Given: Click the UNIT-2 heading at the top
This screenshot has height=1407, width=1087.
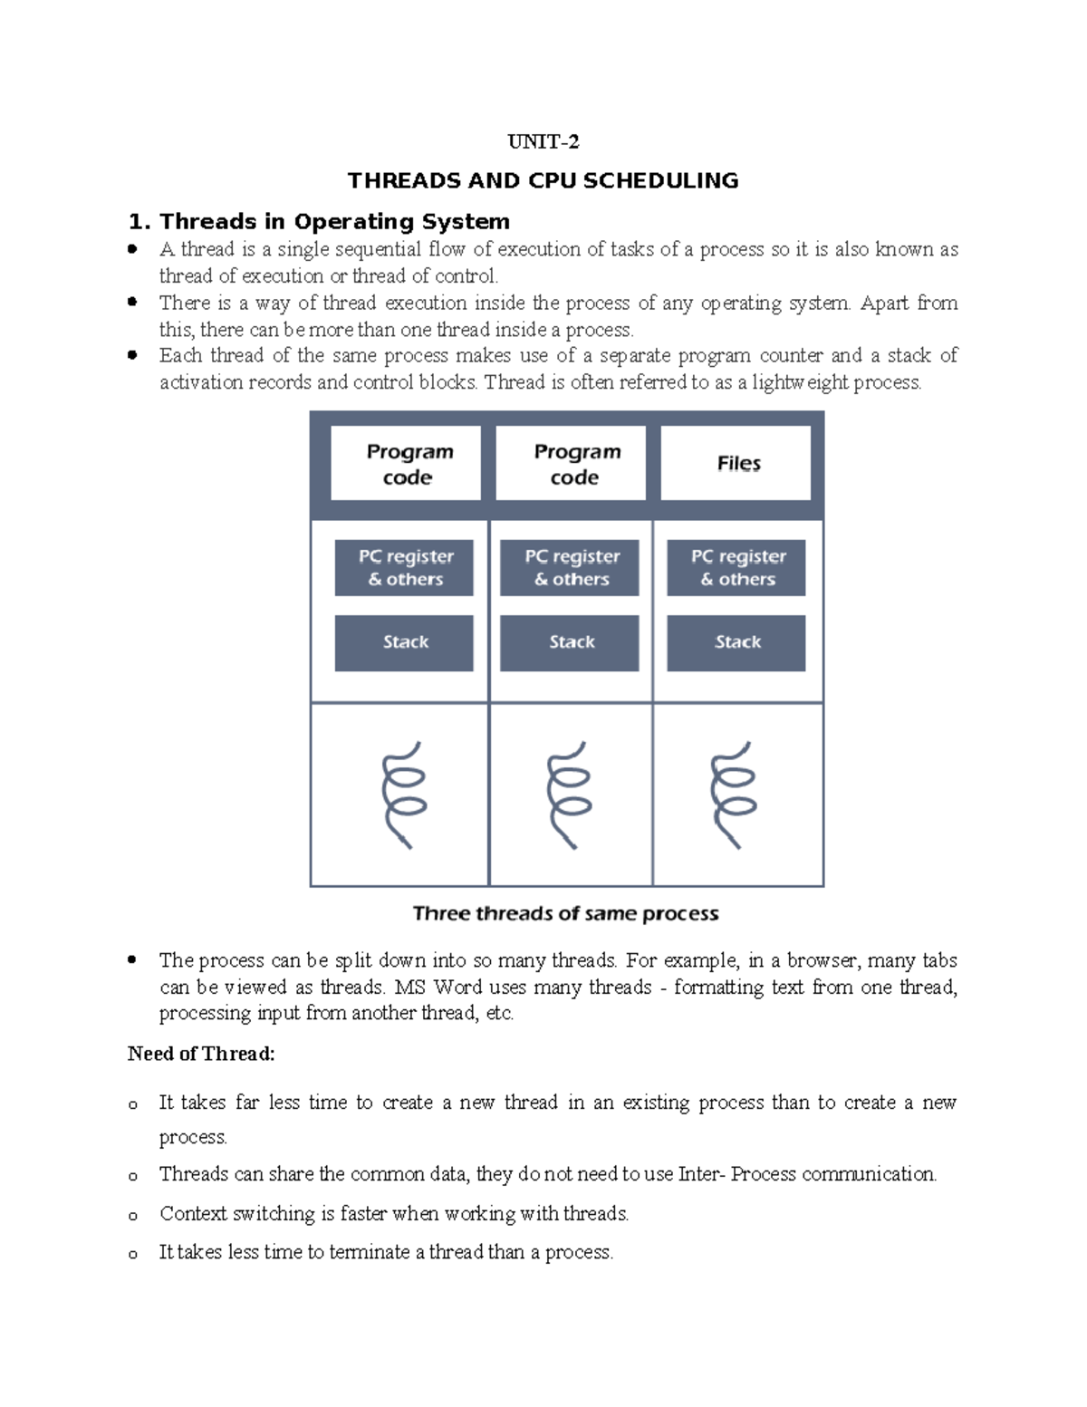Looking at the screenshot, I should click(x=543, y=142).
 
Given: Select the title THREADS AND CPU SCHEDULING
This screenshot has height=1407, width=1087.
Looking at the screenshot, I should click(x=543, y=180).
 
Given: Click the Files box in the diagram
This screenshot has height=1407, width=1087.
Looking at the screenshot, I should click(x=736, y=463).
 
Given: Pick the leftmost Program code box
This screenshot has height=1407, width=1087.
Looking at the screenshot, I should click(x=406, y=463).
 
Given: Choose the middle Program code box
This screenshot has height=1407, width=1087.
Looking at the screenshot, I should click(x=571, y=463).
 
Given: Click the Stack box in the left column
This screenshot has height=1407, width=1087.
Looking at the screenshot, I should click(x=404, y=642).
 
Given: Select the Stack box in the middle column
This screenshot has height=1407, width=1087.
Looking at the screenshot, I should click(x=570, y=642).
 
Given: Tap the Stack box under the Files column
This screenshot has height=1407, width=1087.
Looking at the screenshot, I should click(x=736, y=642).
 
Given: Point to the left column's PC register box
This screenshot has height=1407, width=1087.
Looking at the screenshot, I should click(x=404, y=568).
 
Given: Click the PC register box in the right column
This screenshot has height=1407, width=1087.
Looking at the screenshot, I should click(x=736, y=568).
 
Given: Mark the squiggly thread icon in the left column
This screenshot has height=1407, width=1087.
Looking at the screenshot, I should click(x=403, y=795).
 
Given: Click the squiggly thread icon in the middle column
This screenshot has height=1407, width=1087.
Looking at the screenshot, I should click(x=569, y=795).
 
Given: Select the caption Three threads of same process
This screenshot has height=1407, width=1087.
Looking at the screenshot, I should click(x=565, y=913).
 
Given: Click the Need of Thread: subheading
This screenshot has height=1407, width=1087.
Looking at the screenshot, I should click(x=200, y=1054).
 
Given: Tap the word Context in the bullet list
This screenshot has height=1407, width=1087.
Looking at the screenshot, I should click(x=193, y=1213).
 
